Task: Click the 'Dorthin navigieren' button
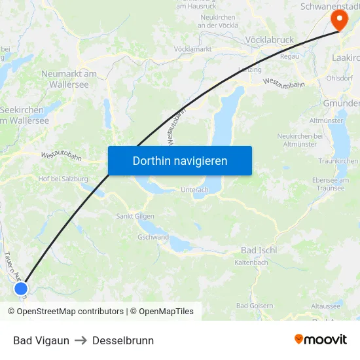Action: point(180,160)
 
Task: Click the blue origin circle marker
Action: point(21,289)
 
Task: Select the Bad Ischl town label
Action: point(259,250)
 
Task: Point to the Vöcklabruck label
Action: point(269,39)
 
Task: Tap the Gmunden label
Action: point(341,103)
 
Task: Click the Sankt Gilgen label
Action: point(135,216)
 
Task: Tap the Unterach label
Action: point(194,190)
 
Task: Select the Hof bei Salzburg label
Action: point(63,178)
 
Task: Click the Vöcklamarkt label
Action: point(192,49)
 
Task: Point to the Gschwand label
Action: point(153,238)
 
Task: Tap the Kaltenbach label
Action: point(251,262)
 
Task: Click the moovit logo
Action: point(321,339)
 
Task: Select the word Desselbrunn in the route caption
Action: point(123,340)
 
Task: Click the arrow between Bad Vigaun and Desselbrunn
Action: point(81,340)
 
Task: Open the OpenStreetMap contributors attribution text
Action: point(65,312)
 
